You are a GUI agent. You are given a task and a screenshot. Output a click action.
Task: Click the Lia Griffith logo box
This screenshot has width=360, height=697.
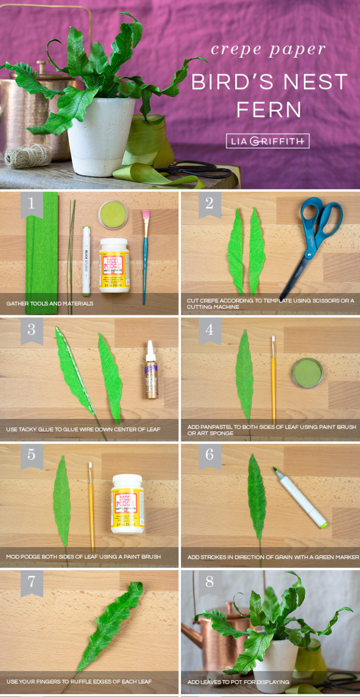tap(268, 141)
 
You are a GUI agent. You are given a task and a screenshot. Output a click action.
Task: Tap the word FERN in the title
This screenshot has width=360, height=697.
tap(269, 110)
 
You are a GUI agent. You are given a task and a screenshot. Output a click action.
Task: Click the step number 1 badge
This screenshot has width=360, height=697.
tap(32, 204)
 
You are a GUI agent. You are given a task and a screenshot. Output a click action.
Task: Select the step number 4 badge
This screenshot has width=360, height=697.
tap(209, 329)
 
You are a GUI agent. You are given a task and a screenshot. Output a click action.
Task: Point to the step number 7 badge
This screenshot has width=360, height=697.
tap(32, 581)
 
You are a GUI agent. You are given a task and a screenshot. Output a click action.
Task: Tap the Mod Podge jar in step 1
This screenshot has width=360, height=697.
tap(114, 264)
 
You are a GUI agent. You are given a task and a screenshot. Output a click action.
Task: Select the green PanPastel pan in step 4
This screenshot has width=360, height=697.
tap(307, 373)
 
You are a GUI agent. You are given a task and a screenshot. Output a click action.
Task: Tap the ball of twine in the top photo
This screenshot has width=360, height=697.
tap(27, 156)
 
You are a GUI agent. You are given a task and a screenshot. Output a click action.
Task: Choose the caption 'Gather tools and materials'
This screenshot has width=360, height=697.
tap(50, 303)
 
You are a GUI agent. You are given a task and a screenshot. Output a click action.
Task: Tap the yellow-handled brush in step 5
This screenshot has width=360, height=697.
tap(91, 505)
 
